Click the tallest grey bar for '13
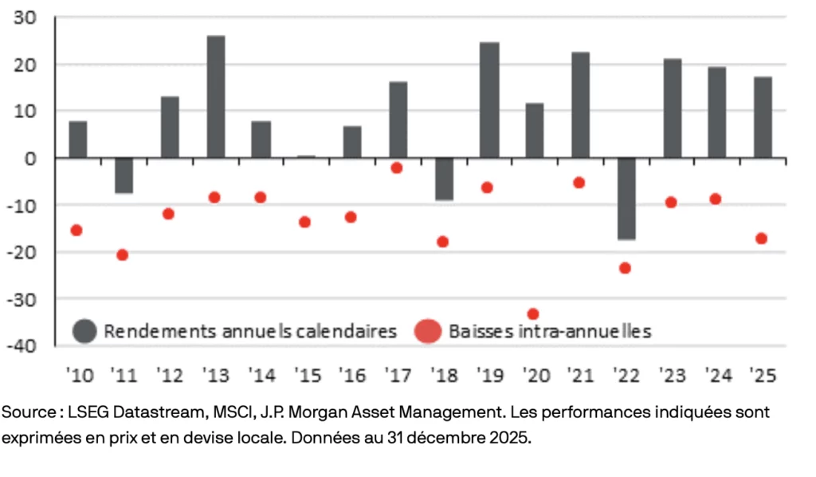216,97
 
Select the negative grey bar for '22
626,199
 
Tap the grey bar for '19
489,100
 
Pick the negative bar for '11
124,175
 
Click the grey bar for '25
763,117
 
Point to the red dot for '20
533,314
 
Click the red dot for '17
396,168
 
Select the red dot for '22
625,268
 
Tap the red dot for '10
76,231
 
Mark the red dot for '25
761,238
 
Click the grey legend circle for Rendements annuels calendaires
84,331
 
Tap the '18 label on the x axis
442,374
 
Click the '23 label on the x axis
672,374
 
